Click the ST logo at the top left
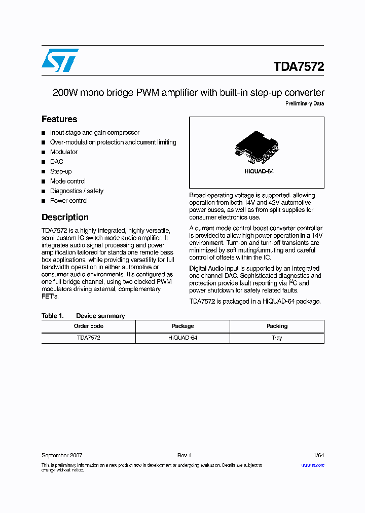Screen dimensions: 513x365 click(x=60, y=60)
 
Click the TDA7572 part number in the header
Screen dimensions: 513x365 click(x=299, y=67)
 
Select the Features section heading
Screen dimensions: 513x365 click(x=59, y=120)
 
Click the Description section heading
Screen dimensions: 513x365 click(x=65, y=217)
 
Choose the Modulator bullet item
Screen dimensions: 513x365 click(x=64, y=152)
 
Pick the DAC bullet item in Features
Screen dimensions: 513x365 click(x=57, y=162)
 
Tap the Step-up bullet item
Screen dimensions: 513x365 click(x=61, y=171)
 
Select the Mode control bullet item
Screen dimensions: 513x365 click(x=68, y=181)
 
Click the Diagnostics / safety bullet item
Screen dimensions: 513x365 click(x=77, y=191)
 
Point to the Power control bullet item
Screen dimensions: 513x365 click(x=69, y=201)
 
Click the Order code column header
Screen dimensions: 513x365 click(x=88, y=326)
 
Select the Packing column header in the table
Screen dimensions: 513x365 click(x=277, y=326)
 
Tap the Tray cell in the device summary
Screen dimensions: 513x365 click(x=277, y=338)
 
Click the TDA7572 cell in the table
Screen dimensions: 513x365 click(x=88, y=338)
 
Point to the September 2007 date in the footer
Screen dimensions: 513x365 click(x=62, y=456)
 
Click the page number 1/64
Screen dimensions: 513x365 click(x=317, y=456)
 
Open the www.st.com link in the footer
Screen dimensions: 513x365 click(x=313, y=465)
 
